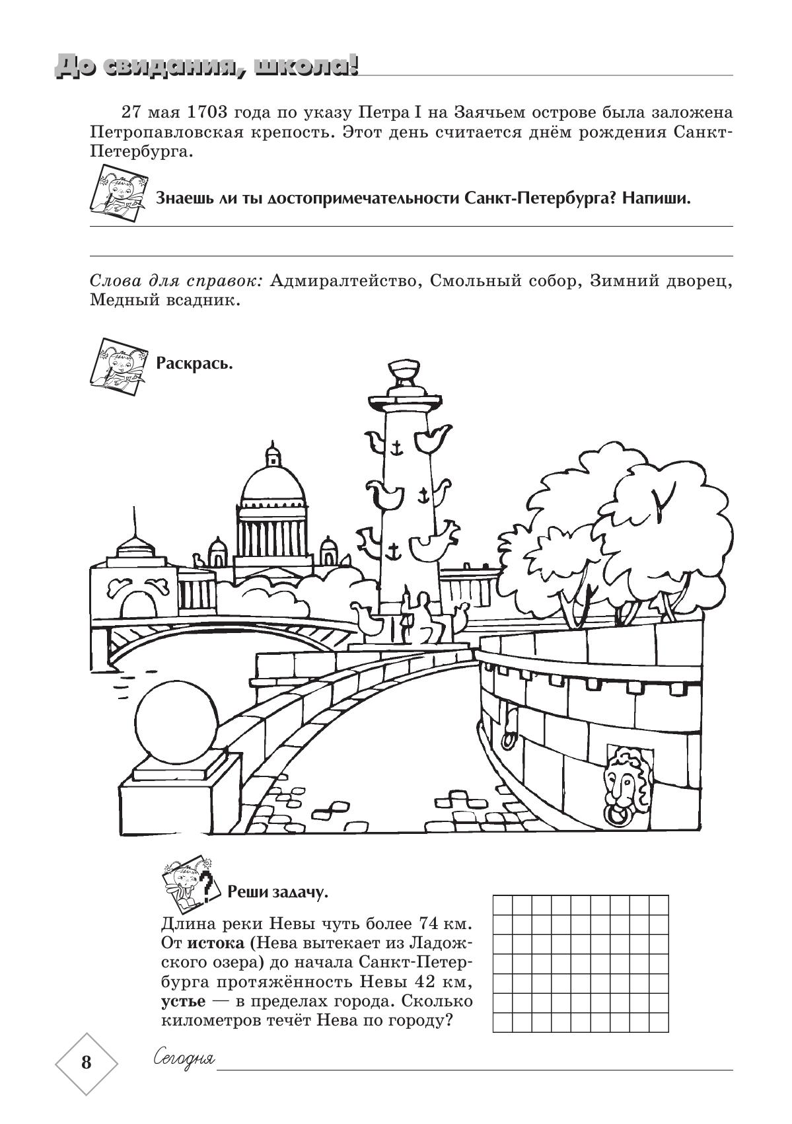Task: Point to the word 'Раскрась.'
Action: click(194, 363)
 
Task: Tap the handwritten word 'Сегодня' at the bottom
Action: click(184, 1059)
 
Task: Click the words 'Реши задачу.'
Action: click(277, 893)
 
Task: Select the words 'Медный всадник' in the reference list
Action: click(162, 301)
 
